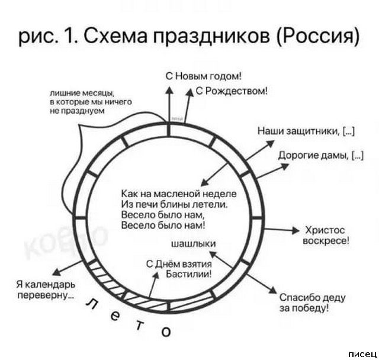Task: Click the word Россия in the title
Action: point(320,37)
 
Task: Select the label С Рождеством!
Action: point(232,91)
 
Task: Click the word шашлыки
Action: point(193,244)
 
